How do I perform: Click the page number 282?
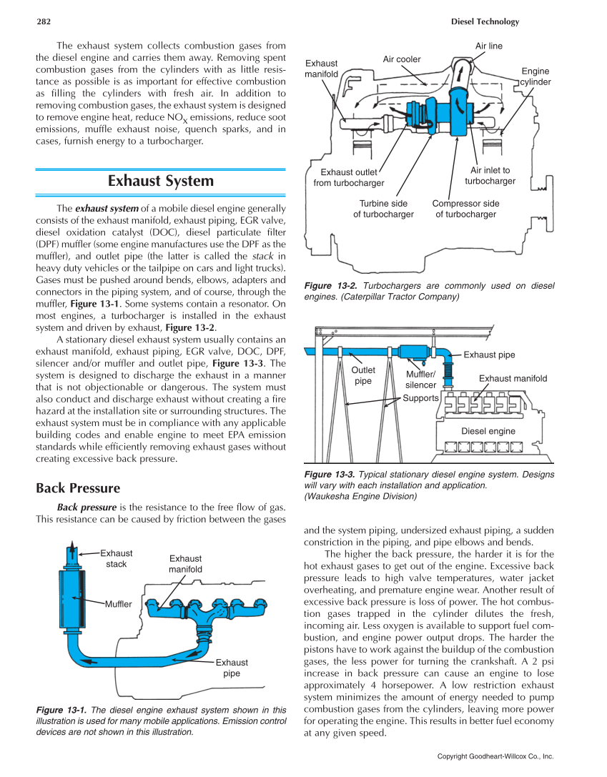(45, 21)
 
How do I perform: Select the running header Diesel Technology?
(485, 21)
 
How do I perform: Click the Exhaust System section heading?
(160, 181)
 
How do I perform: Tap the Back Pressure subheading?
(78, 488)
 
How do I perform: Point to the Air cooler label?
(402, 59)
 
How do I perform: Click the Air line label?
(489, 46)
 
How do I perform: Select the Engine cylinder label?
(535, 76)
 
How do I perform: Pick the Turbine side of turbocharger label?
(383, 209)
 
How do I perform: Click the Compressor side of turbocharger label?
(465, 209)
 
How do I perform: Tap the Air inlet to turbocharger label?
(490, 176)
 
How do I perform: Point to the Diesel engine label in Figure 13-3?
(488, 431)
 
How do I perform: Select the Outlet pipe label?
(363, 375)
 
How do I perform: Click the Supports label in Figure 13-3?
(420, 397)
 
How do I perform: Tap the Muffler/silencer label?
(420, 380)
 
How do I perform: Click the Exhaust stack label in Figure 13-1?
(116, 558)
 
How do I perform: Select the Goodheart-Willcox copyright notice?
(495, 756)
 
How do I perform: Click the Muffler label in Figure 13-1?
(119, 605)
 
